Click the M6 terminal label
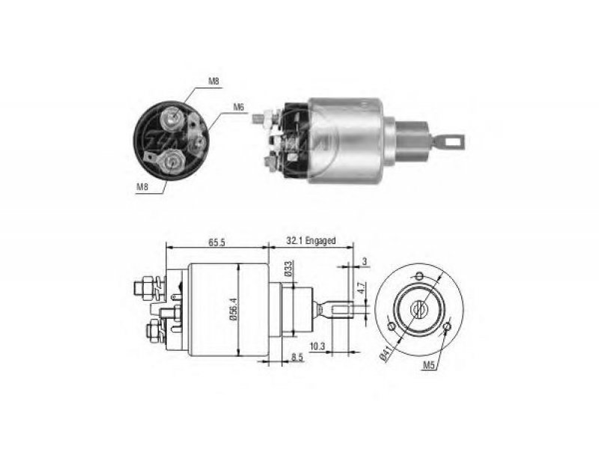(x=238, y=107)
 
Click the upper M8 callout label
(x=213, y=81)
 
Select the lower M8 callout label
(x=142, y=186)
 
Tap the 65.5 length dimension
(x=216, y=242)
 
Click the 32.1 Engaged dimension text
(x=311, y=241)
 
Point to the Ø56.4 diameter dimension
(x=234, y=309)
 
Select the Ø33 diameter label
(x=288, y=268)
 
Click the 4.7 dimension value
(x=362, y=288)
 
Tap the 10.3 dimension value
(x=317, y=346)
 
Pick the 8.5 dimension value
(x=297, y=358)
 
